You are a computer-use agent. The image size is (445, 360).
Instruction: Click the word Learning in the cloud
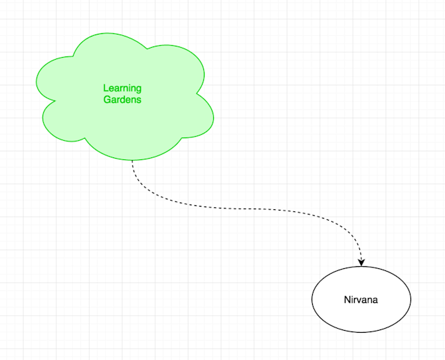[122, 88]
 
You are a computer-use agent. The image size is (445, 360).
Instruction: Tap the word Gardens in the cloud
[122, 100]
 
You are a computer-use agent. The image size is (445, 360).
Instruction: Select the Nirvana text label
[361, 300]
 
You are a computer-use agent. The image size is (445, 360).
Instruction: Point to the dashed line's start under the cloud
[132, 161]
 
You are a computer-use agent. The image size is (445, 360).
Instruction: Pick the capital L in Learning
[106, 88]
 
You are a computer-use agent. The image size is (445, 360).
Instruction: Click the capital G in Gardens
[106, 100]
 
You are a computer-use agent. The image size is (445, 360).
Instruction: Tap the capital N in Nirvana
[347, 300]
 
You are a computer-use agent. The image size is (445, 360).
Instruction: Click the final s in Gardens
[139, 100]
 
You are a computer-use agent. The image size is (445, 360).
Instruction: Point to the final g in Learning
[138, 90]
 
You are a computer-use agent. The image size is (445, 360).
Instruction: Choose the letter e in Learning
[111, 88]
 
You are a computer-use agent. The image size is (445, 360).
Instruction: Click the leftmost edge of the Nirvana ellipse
[312, 299]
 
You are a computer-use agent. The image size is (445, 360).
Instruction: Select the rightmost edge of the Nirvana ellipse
[411, 299]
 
